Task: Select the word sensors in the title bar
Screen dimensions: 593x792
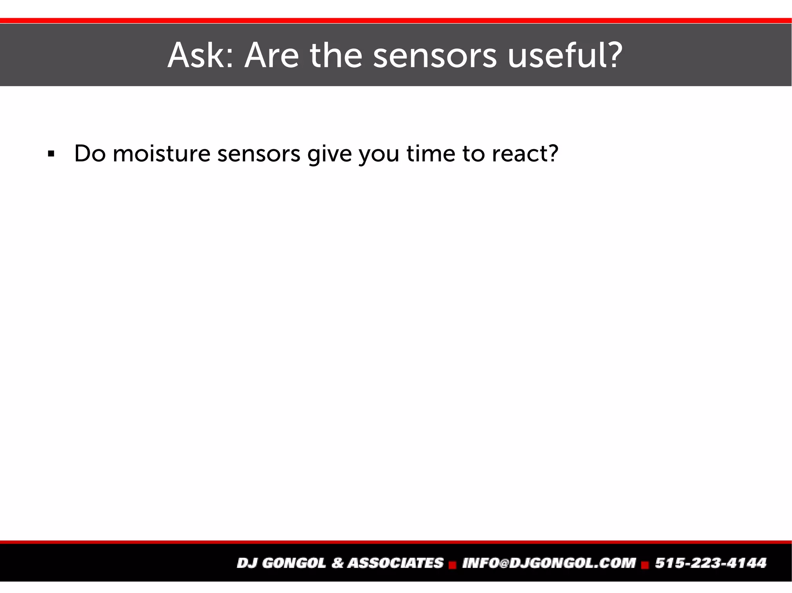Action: [435, 56]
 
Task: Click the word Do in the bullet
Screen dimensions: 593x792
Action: [90, 153]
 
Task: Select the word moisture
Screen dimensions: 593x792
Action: [161, 153]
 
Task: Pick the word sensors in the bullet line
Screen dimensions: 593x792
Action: [259, 153]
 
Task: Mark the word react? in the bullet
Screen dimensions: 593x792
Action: [525, 153]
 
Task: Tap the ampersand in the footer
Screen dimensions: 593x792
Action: [337, 563]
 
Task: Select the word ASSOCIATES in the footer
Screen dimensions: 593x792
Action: [395, 563]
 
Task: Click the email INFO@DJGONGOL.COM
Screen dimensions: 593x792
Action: [549, 563]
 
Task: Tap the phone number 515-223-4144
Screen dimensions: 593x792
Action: [710, 563]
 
